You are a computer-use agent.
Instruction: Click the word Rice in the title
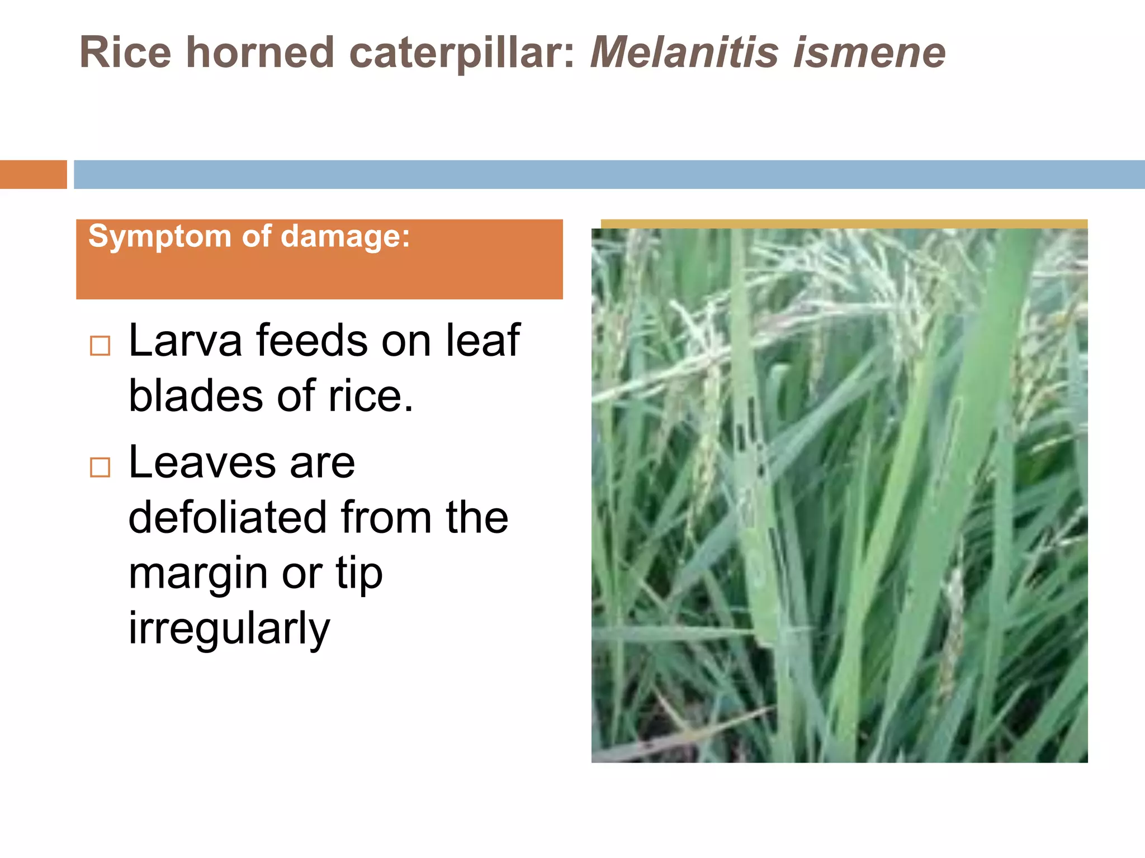pos(125,53)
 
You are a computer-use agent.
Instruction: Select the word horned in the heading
pos(260,53)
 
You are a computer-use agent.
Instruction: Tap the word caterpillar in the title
pos(462,54)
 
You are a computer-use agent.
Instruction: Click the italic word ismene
pos(869,53)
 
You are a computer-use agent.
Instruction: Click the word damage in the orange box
pos(344,237)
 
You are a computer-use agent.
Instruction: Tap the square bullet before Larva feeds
pos(100,346)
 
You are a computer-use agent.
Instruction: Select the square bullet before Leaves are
pos(100,467)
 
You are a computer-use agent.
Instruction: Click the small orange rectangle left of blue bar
pos(33,174)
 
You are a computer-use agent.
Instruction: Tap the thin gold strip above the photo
pos(844,224)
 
